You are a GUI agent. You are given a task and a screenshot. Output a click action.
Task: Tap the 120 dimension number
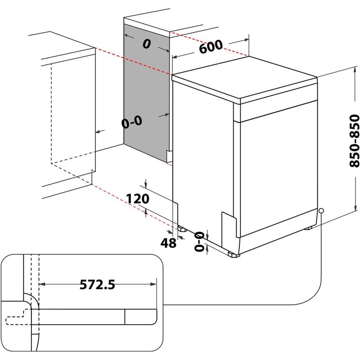coord(139,199)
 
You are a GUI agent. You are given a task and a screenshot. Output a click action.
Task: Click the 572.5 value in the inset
coord(98,284)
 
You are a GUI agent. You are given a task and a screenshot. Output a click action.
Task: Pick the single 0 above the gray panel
coord(146,44)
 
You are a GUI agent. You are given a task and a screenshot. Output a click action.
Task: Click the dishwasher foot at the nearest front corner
coord(234,255)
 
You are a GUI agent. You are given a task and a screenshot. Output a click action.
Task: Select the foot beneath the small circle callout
coord(309,228)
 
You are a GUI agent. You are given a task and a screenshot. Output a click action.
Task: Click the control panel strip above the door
coord(277,108)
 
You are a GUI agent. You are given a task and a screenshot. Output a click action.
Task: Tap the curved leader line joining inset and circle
coord(315,288)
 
